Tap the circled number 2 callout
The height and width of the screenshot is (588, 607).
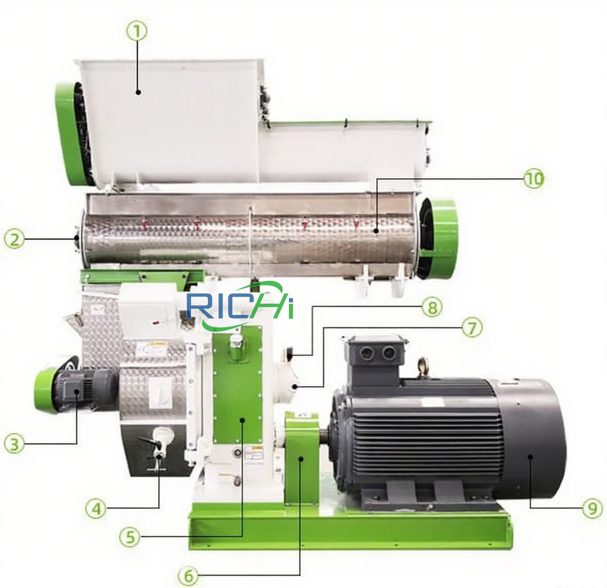coord(15,238)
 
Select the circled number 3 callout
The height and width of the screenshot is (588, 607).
coord(15,444)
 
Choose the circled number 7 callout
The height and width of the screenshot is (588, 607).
coord(471,327)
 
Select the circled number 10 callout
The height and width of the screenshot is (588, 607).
coord(533,179)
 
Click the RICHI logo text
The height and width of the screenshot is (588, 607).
coord(240,306)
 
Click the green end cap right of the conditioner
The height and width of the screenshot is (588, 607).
coord(439,238)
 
